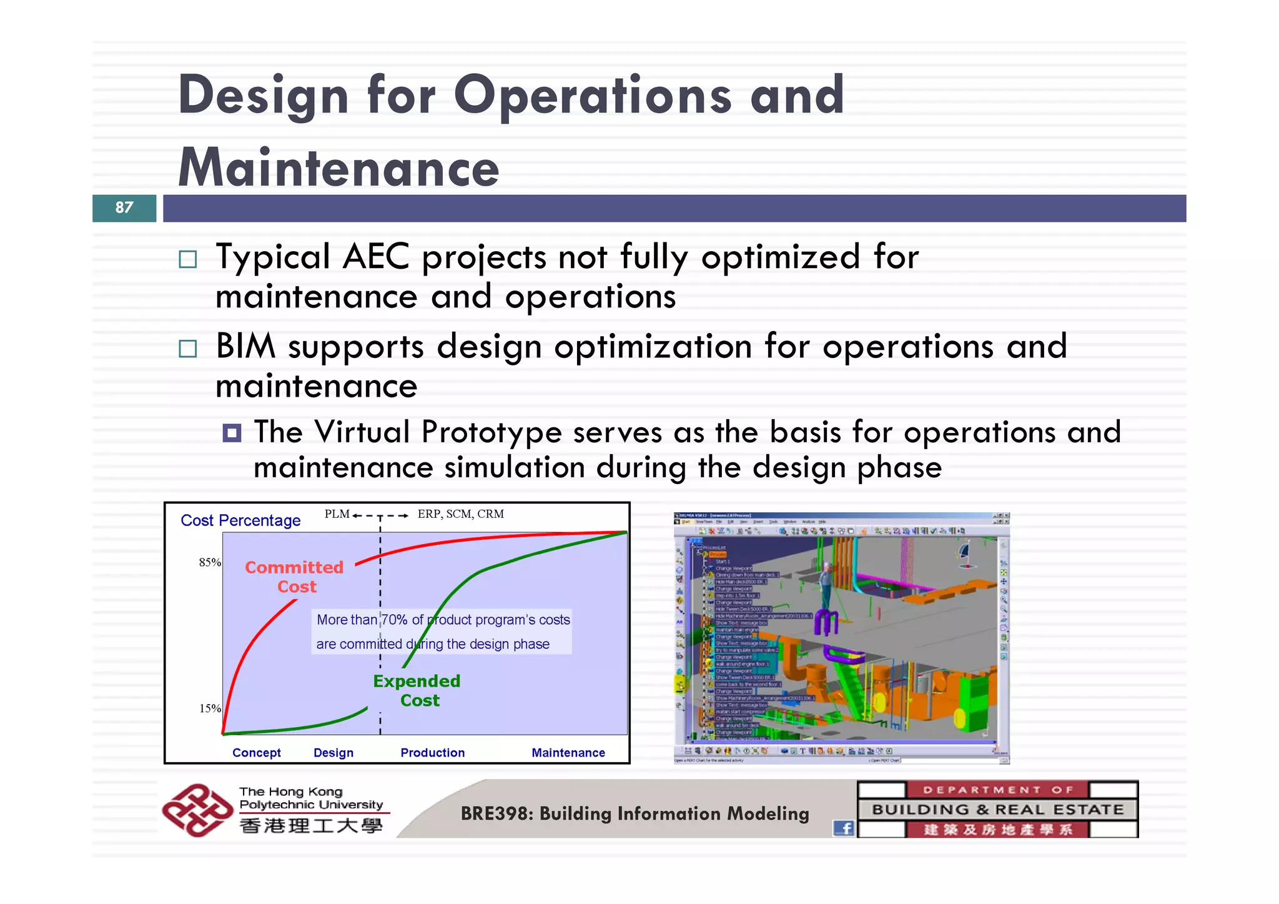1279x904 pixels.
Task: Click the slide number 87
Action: (x=124, y=207)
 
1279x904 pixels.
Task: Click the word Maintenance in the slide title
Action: (x=338, y=168)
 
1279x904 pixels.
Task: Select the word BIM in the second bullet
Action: (x=245, y=346)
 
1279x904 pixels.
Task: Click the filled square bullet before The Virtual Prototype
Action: (x=232, y=432)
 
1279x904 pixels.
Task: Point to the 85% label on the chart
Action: (x=210, y=562)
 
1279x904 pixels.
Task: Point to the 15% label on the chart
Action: (x=210, y=708)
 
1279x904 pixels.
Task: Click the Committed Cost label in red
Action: (x=294, y=577)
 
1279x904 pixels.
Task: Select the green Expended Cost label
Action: (x=417, y=690)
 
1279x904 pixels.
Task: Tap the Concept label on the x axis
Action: (x=256, y=753)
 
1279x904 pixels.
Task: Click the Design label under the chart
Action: (x=333, y=753)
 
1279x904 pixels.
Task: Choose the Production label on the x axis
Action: (x=432, y=753)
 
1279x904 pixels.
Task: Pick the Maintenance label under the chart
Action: (x=568, y=753)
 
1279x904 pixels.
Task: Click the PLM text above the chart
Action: (x=337, y=514)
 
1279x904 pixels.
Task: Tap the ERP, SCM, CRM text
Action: (x=461, y=514)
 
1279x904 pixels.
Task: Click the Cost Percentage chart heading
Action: (x=240, y=520)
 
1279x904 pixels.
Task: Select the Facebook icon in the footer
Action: (x=844, y=828)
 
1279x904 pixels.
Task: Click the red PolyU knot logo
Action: (x=197, y=810)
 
